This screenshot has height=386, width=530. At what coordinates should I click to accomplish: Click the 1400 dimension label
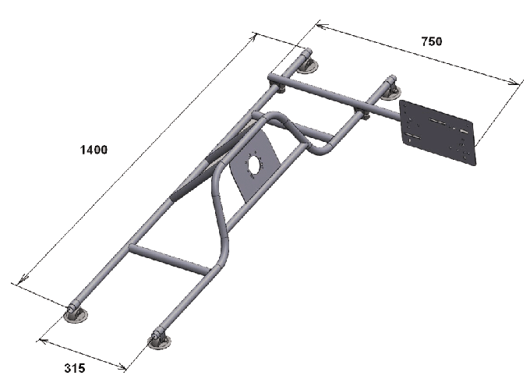pos(94,150)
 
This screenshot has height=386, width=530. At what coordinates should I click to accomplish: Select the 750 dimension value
pos(432,41)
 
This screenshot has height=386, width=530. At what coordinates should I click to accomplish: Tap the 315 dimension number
pos(75,368)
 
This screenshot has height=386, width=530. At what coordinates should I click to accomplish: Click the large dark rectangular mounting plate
pos(438,133)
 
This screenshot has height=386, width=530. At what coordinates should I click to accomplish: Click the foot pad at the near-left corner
pos(76,314)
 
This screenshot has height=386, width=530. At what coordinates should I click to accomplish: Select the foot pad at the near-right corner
pos(159,342)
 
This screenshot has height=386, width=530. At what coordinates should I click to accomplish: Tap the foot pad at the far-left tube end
pos(308,66)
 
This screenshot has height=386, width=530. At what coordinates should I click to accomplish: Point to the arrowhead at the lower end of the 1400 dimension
pos(22,279)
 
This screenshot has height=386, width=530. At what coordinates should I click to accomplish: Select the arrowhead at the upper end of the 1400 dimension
pos(253,37)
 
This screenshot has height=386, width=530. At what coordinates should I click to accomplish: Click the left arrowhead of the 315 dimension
pos(43,341)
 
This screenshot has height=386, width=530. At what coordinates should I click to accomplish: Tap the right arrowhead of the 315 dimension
pos(122,367)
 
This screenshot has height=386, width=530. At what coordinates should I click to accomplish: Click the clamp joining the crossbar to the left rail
pos(277,82)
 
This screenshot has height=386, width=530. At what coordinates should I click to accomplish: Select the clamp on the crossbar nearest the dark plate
pos(361,112)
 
